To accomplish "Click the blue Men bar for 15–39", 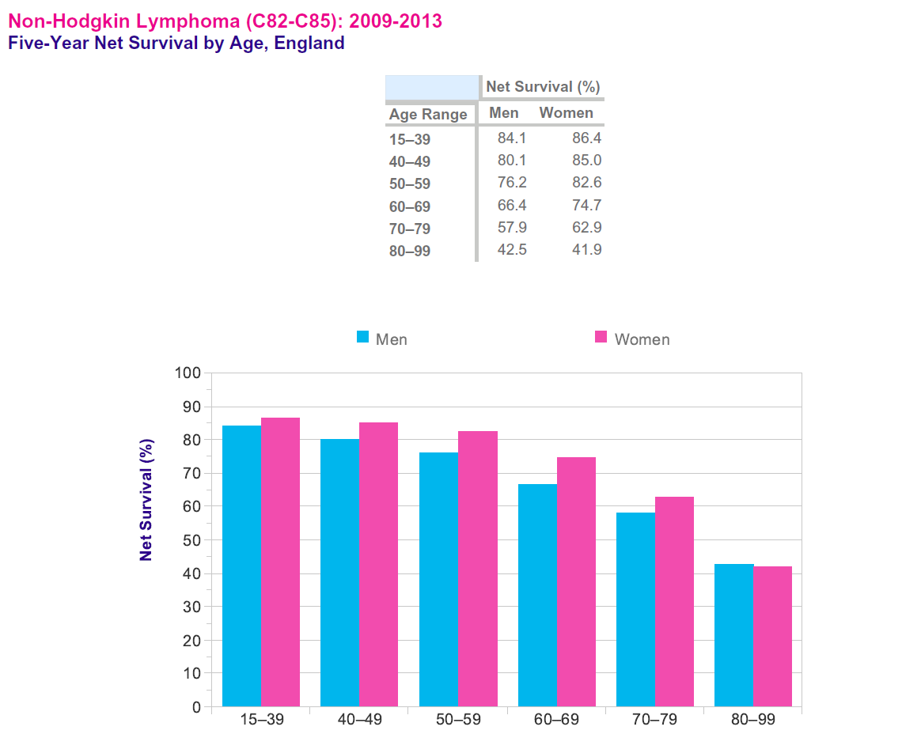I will click(241, 566).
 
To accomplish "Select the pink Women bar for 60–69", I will click(576, 581).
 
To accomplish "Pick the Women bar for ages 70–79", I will click(674, 601).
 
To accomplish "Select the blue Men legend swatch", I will click(363, 337).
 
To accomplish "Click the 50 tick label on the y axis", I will click(191, 539).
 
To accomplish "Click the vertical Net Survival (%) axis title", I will click(146, 500).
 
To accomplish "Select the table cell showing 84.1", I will click(512, 138).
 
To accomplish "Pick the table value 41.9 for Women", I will click(587, 250).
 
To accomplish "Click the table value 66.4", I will click(512, 206).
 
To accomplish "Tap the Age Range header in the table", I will click(428, 115).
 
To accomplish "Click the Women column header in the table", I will click(566, 113).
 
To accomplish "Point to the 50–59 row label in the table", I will click(409, 184).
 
